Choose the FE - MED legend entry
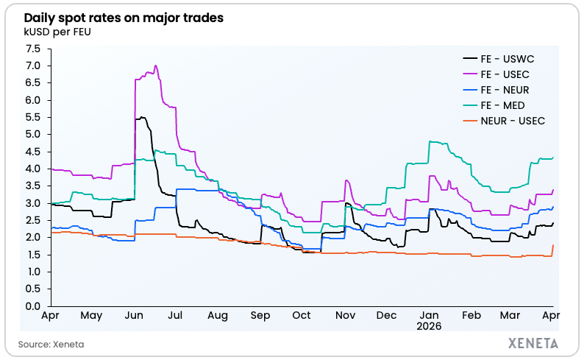click(502, 105)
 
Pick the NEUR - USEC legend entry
click(511, 120)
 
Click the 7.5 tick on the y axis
click(32, 49)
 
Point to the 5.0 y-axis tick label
click(32, 135)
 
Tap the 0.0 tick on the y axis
click(32, 306)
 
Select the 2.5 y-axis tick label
click(32, 220)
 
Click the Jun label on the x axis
click(135, 315)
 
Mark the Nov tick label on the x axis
click(345, 315)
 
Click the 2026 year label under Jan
click(428, 325)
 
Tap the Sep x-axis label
click(260, 315)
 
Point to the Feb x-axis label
click(471, 315)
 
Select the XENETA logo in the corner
click(533, 343)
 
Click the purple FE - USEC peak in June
click(154, 66)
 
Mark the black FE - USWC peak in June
click(141, 117)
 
